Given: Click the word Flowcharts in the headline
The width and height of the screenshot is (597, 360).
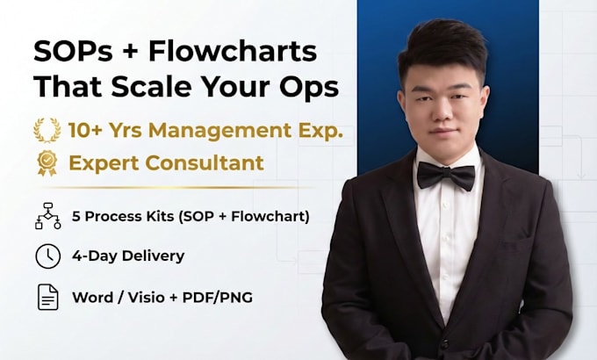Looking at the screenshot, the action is tap(233, 51).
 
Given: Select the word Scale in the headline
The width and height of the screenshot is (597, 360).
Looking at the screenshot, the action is tap(151, 86).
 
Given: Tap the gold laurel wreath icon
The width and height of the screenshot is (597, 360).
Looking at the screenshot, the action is tap(47, 130).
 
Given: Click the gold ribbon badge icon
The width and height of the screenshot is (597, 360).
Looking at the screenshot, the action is tap(47, 163).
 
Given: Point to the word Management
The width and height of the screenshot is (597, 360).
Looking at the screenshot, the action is tap(220, 130).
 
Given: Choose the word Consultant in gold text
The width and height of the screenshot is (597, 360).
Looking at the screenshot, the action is tap(204, 163).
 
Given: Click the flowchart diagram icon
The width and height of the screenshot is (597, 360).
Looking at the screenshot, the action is tap(48, 216).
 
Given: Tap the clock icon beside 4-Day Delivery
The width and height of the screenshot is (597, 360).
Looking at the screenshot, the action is tap(48, 256).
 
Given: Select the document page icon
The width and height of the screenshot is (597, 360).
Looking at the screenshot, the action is tap(48, 297).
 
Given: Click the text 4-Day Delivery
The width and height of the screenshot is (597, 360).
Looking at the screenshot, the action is tap(128, 256).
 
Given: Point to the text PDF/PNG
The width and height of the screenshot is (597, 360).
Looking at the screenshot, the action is tap(218, 297).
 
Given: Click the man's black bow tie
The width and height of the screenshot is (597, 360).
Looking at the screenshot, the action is tap(446, 175).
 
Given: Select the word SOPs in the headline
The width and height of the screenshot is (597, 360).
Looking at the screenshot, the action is tap(73, 51).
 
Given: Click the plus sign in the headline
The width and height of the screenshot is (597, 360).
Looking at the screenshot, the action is tap(131, 52).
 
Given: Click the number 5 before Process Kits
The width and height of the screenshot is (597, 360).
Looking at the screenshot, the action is tap(76, 216).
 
